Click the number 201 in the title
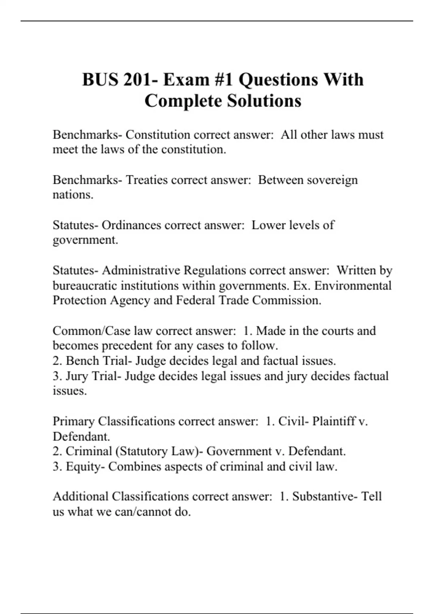pyautogui.click(x=136, y=80)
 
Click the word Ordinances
pyautogui.click(x=131, y=225)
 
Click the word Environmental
pyautogui.click(x=353, y=285)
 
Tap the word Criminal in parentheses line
pyautogui.click(x=89, y=451)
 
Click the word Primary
pyautogui.click(x=73, y=421)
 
